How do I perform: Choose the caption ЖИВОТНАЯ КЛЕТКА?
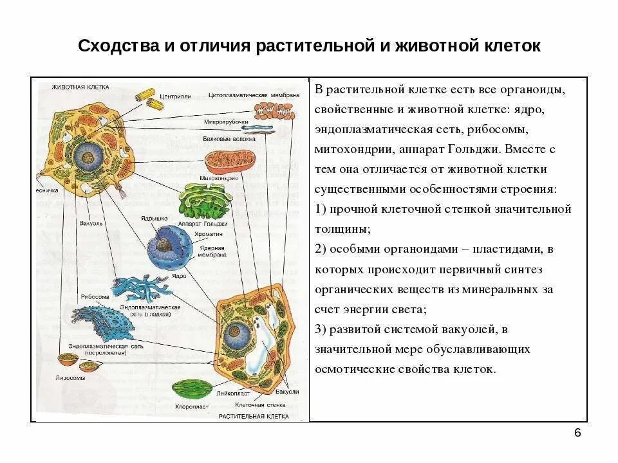coord(80,86)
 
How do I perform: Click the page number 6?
coord(577,433)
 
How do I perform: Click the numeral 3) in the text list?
coord(322,329)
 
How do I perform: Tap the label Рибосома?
coord(94,298)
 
